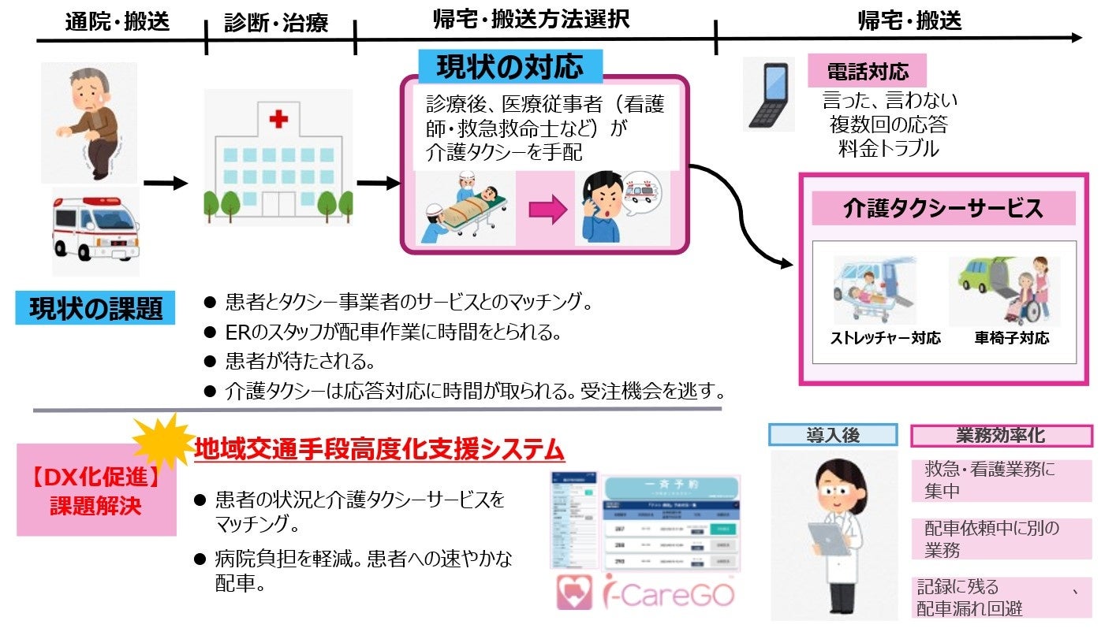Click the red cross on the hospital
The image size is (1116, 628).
click(278, 119)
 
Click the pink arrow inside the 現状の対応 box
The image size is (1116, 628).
click(547, 210)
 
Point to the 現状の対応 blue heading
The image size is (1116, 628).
click(509, 67)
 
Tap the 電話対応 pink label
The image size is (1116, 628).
click(867, 72)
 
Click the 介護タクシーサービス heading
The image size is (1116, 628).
click(943, 209)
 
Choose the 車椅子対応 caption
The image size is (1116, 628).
click(1011, 339)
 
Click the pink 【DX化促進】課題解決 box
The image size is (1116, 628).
click(95, 490)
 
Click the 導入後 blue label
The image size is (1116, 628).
click(833, 435)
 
